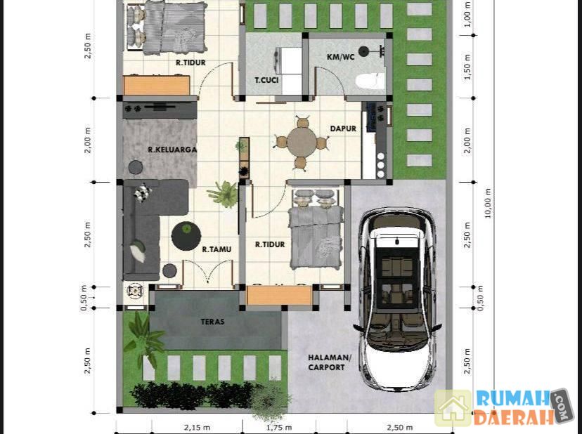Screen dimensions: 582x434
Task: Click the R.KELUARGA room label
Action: coord(172,150)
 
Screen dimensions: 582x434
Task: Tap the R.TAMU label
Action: coord(216,249)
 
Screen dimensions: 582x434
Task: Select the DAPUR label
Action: coord(343,129)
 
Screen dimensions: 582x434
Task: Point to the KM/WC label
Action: coord(340,57)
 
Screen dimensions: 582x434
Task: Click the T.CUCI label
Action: coord(266,80)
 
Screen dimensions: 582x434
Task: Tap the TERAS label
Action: coord(212,321)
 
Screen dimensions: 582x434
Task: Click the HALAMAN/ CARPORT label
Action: coord(329,362)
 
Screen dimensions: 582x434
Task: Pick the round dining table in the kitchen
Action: coord(302,141)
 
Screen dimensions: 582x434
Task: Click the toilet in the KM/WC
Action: coord(370,81)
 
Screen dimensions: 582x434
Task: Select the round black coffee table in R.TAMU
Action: coord(186,236)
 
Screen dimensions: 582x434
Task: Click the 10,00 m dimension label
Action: coord(487,203)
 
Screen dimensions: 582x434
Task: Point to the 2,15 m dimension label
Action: coord(197,427)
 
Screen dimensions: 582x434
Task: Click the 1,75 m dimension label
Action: coord(279,427)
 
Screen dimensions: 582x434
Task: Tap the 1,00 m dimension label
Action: coord(467,14)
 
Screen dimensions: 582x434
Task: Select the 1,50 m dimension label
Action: coord(467,67)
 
